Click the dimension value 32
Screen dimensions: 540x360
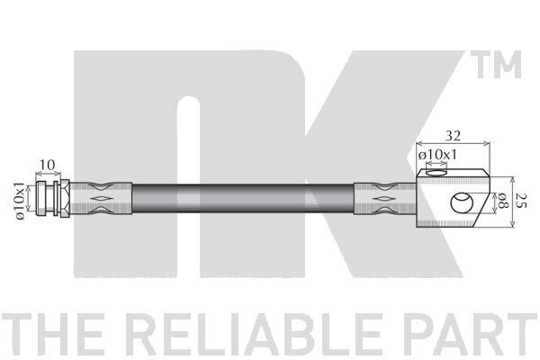coord(453,136)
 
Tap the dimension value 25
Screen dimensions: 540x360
coord(522,200)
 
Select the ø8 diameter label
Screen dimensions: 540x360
coord(504,201)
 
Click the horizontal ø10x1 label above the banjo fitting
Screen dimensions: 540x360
coord(437,155)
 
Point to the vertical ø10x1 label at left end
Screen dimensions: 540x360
coord(21,202)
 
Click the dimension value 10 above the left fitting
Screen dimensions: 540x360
coord(47,165)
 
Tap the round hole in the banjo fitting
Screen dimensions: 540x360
coord(462,202)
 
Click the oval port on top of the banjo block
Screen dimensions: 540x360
coord(436,172)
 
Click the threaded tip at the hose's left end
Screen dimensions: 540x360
coord(41,198)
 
